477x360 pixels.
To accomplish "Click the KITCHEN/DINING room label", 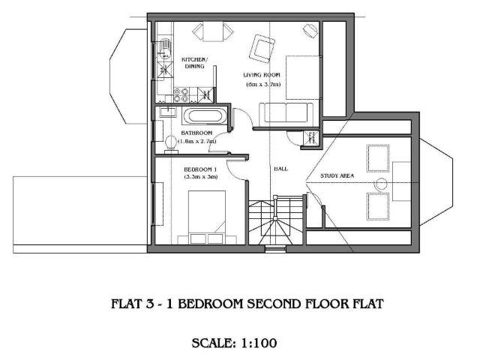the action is click(194, 63).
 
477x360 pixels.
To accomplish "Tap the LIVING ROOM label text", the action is click(262, 75).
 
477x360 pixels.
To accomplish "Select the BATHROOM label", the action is click(196, 133).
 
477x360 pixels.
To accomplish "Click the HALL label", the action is click(280, 169).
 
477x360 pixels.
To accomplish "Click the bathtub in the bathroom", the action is click(205, 116).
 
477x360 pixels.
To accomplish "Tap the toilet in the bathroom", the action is click(171, 144).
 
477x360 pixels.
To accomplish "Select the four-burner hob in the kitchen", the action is click(181, 94).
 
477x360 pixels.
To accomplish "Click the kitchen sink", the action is click(164, 49).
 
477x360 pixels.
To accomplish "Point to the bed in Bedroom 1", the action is click(207, 217).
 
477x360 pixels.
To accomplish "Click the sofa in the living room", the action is click(286, 113).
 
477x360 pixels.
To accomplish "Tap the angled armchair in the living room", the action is click(262, 49).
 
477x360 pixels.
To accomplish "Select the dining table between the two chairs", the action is click(214, 31).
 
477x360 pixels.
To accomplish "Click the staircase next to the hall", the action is click(275, 220).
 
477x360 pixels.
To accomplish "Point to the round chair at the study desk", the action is click(380, 184).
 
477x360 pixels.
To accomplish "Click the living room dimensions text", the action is click(263, 85).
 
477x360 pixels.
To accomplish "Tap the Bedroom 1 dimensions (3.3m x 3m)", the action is click(201, 177).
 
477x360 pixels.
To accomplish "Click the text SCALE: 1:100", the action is click(234, 343).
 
